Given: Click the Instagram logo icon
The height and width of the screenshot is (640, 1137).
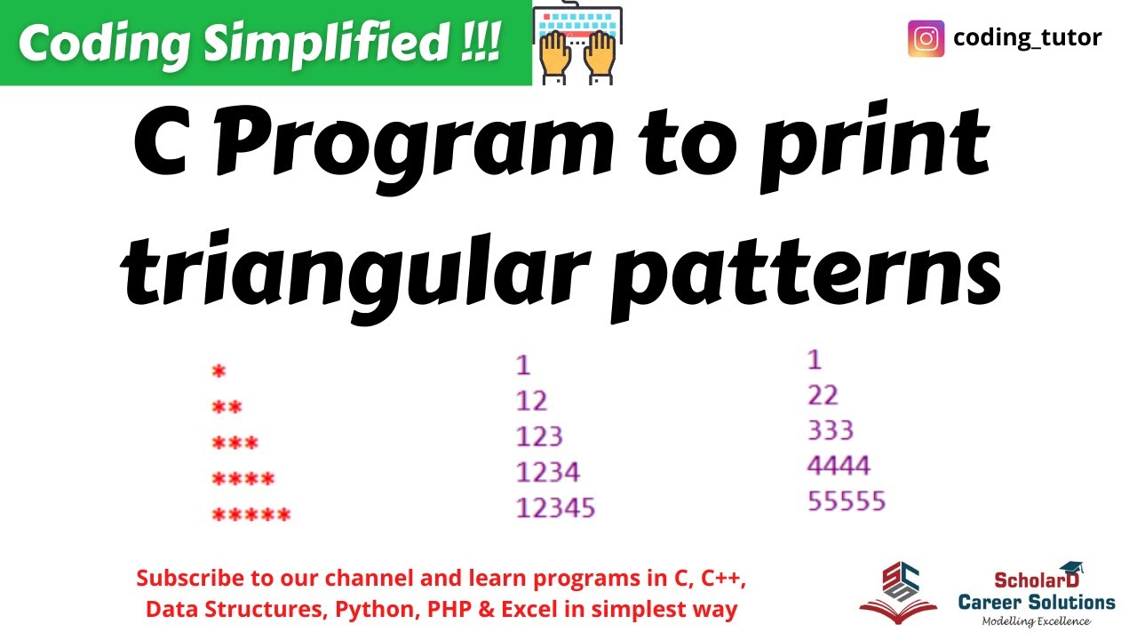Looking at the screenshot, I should (926, 39).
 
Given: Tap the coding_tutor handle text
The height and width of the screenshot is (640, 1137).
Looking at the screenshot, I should (1027, 38).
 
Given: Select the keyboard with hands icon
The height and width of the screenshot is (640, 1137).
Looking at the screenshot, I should (576, 44).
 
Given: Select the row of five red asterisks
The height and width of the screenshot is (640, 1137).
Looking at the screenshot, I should (251, 514).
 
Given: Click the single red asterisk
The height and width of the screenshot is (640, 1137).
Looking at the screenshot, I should (219, 372).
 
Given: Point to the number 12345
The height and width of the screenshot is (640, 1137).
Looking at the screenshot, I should (555, 508).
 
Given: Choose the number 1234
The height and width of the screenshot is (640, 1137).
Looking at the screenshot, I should (547, 471).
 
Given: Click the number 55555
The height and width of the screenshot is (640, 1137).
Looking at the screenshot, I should (847, 500).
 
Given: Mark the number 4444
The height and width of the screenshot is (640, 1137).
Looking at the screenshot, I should (839, 465).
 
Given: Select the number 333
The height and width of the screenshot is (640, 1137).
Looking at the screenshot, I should (831, 430).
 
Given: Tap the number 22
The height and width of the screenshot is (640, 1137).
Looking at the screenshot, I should (823, 395).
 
